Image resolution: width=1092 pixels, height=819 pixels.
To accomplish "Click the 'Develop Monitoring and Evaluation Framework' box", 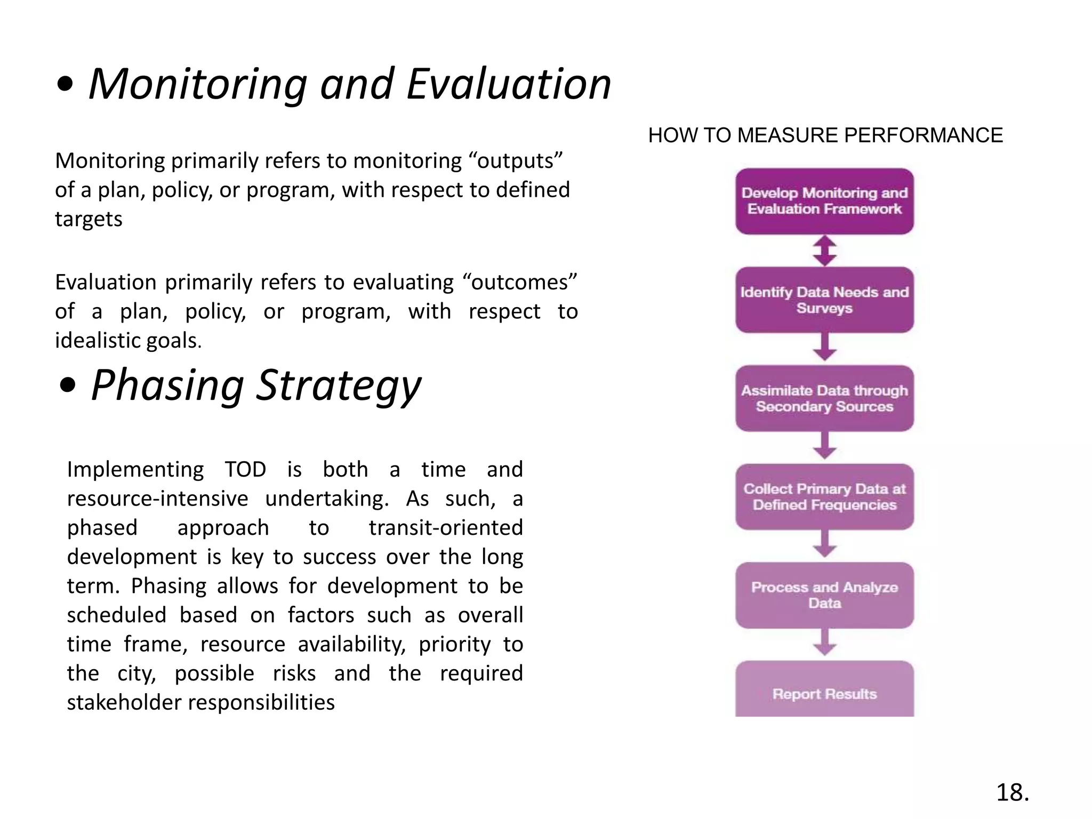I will (x=824, y=201).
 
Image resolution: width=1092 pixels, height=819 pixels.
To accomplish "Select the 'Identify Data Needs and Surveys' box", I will (x=824, y=300).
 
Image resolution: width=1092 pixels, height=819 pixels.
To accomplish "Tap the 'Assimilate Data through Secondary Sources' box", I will (x=824, y=398).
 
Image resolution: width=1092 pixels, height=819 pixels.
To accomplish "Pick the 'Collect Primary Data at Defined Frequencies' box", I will (x=824, y=497).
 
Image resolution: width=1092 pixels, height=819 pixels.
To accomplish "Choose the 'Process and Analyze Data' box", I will (x=824, y=595).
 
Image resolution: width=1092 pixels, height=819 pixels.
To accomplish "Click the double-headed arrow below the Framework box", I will (x=824, y=251).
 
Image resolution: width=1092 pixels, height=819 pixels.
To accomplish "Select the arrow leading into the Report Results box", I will (x=824, y=643).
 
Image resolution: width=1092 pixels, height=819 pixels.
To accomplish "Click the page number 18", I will (x=1012, y=792).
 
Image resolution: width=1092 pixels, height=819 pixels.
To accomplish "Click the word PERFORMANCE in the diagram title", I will (x=923, y=135).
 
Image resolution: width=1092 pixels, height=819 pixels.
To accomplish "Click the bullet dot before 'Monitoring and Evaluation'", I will (x=65, y=86).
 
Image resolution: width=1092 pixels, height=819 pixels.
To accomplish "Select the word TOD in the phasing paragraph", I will (x=245, y=469).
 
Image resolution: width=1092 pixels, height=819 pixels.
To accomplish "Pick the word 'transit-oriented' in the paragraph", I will (x=446, y=527).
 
